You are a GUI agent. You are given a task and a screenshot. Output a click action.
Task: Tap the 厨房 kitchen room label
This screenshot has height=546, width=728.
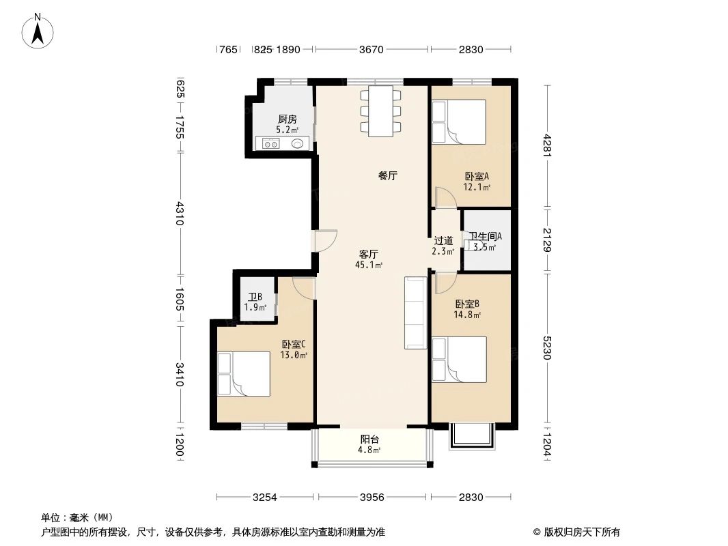(287, 119)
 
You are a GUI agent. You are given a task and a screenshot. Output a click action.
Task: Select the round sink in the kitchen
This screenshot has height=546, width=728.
(298, 143)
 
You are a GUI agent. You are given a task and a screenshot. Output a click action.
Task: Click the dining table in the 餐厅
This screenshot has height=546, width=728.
(380, 111)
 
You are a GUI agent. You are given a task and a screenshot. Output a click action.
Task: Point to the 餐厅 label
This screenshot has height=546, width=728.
(388, 175)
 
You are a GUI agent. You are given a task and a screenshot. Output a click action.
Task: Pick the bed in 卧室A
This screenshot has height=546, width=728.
(459, 122)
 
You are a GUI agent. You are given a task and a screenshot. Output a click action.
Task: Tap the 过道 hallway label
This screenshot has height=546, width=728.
(443, 240)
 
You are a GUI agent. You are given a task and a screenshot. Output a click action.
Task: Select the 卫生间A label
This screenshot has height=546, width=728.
(486, 236)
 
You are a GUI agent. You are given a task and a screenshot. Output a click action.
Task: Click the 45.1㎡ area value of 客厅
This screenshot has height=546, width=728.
(369, 265)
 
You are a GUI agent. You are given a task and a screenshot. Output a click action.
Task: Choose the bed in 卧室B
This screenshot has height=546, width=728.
(460, 359)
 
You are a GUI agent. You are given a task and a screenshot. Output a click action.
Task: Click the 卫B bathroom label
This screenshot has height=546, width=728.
(255, 297)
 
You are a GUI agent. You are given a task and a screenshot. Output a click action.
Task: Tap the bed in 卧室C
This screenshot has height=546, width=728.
(243, 373)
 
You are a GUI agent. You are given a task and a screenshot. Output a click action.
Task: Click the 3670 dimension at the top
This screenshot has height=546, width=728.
(372, 49)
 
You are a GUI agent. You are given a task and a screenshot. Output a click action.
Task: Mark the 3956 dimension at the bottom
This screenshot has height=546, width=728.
(372, 497)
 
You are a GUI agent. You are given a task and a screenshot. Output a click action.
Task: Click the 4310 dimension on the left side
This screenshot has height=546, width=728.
(180, 213)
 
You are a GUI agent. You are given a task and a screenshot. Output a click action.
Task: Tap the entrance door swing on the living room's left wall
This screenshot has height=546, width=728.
(326, 241)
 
